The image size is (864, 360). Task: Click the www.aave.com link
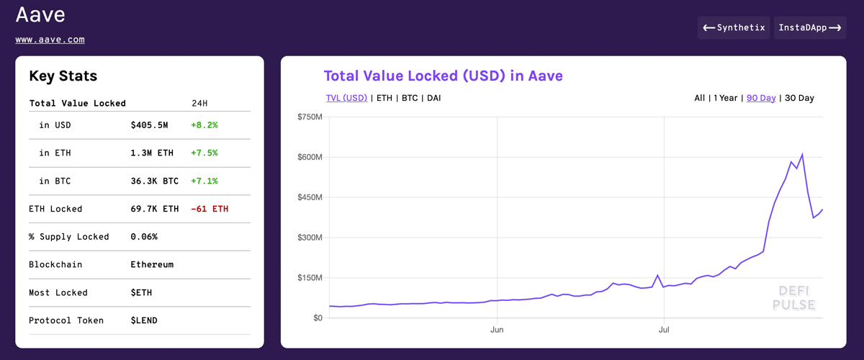click(50, 40)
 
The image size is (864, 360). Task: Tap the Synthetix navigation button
click(734, 28)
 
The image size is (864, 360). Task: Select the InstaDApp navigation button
click(810, 28)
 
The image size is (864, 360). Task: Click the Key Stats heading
click(63, 76)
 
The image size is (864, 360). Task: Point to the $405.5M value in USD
click(149, 125)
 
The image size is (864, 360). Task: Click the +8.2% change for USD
click(204, 125)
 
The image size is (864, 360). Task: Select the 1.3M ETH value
click(152, 153)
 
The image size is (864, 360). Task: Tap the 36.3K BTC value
click(154, 181)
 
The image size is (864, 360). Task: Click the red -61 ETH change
click(210, 209)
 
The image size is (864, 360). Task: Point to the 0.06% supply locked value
click(144, 237)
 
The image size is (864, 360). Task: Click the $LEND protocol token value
click(144, 320)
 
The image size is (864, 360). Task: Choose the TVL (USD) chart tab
click(346, 98)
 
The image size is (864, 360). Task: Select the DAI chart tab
click(433, 98)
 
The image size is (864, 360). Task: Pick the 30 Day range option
click(799, 98)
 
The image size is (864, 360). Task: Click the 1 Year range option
click(725, 98)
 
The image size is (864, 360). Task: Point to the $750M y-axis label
click(310, 117)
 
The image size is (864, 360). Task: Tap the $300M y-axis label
click(310, 238)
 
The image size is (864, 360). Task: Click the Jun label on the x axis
click(497, 330)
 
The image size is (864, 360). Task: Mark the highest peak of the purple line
click(802, 154)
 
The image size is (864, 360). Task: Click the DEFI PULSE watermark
click(793, 298)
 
